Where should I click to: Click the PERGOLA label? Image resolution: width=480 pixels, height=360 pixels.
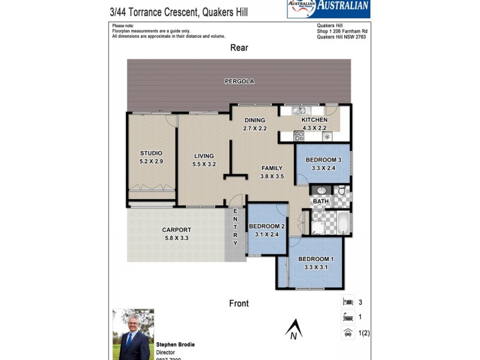coord(239,81)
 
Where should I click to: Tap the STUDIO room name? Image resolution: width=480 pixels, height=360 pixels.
coord(151,153)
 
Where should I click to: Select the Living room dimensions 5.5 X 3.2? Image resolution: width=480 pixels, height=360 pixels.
coord(203,164)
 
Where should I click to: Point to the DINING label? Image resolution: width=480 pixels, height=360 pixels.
coord(254,120)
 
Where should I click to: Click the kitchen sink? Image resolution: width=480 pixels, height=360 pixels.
coord(299,110)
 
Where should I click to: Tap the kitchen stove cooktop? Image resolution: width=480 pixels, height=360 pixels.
coord(299,136)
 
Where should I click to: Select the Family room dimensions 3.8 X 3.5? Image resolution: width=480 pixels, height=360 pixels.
coord(271,176)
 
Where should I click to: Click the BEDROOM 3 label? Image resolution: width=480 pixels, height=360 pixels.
coord(323,160)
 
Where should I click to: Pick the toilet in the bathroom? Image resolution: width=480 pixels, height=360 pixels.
coord(341,191)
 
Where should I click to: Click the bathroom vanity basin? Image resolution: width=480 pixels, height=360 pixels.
coord(321,191)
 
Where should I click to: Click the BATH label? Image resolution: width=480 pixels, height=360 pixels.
coord(321,202)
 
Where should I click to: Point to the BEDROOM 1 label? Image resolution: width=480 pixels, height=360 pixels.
coord(316,259)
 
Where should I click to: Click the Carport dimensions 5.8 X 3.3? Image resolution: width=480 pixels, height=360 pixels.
coord(176,238)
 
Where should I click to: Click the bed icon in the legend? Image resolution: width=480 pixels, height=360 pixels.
coord(347,302)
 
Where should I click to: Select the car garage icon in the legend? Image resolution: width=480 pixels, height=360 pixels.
coord(347,332)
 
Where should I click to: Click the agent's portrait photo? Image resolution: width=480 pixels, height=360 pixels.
coord(133,334)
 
